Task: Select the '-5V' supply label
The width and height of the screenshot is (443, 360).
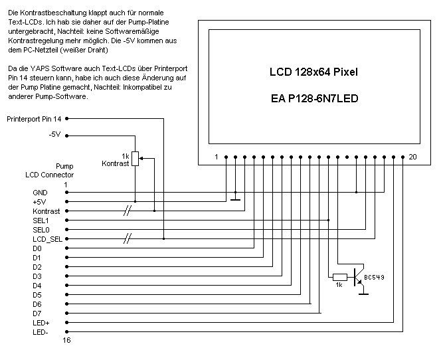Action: (x=54, y=134)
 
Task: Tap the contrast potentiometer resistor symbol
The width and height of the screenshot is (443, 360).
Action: (x=135, y=158)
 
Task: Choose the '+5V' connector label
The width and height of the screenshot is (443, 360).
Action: (x=41, y=201)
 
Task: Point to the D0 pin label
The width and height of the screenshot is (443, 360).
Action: (x=37, y=248)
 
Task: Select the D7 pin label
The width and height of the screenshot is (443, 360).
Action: (x=37, y=313)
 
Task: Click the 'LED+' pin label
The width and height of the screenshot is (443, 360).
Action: (x=41, y=322)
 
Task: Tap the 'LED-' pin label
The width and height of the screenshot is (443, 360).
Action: (x=41, y=331)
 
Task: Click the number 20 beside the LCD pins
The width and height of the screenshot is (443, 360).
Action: (x=412, y=157)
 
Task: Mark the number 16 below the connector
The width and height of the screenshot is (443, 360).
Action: (x=66, y=341)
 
